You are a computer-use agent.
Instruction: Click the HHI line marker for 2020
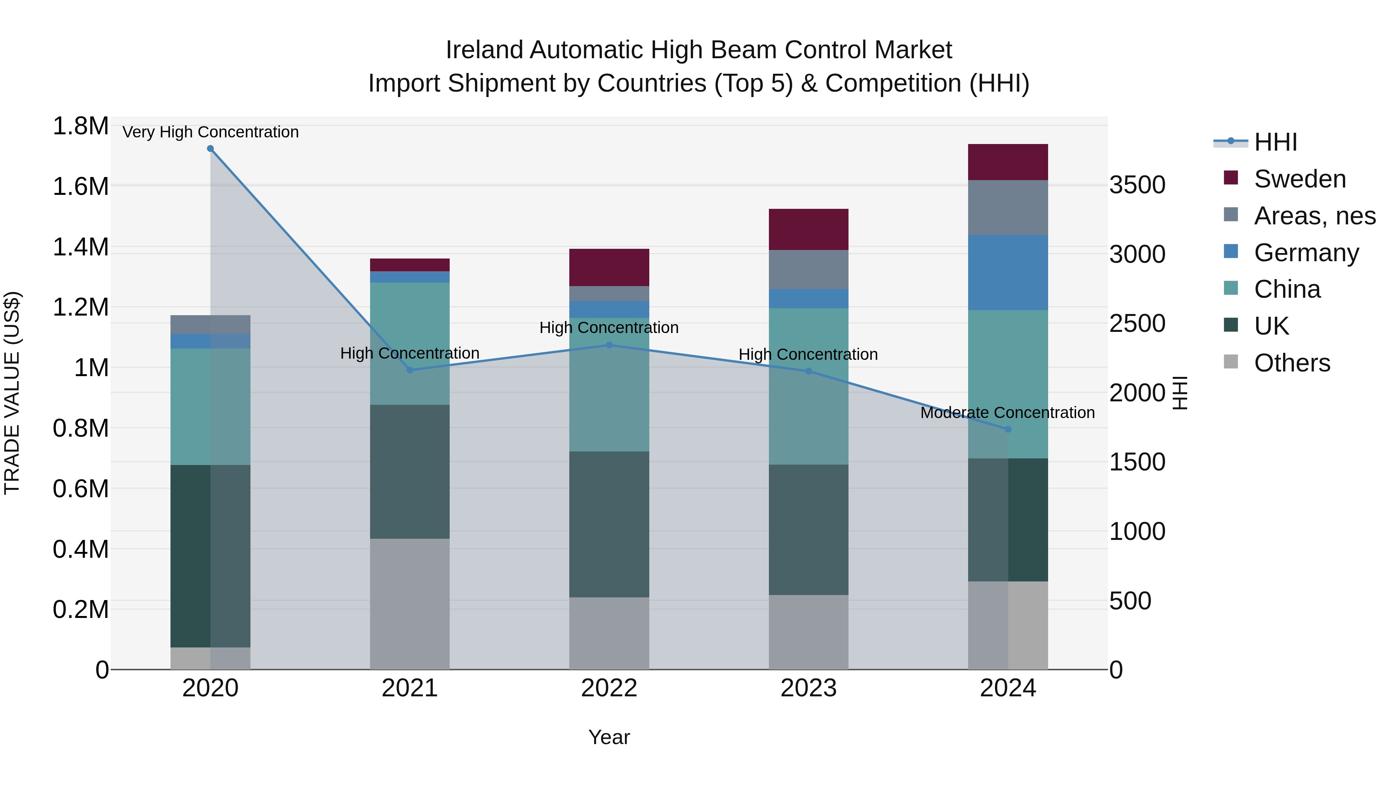(x=210, y=149)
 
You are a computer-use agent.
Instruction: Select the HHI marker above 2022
(x=609, y=345)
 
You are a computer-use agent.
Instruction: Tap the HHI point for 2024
(x=1008, y=429)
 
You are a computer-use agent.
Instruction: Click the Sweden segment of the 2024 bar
(x=1008, y=162)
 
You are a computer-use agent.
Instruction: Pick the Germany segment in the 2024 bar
(x=1008, y=272)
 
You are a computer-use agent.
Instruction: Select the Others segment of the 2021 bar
(x=410, y=603)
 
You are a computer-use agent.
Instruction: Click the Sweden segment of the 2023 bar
(x=809, y=229)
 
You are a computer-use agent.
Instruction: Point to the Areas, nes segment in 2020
(x=210, y=324)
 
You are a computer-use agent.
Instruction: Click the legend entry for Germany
(x=1306, y=253)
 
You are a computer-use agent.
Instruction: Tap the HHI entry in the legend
(x=1275, y=142)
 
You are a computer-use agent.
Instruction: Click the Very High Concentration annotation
(x=210, y=132)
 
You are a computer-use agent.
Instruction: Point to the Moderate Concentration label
(x=1007, y=413)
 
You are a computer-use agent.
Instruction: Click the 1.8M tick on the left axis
(x=80, y=127)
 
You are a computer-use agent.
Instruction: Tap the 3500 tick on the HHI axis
(x=1137, y=186)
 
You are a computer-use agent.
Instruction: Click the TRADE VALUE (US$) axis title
(x=12, y=393)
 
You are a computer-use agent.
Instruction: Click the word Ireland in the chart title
(x=484, y=50)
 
